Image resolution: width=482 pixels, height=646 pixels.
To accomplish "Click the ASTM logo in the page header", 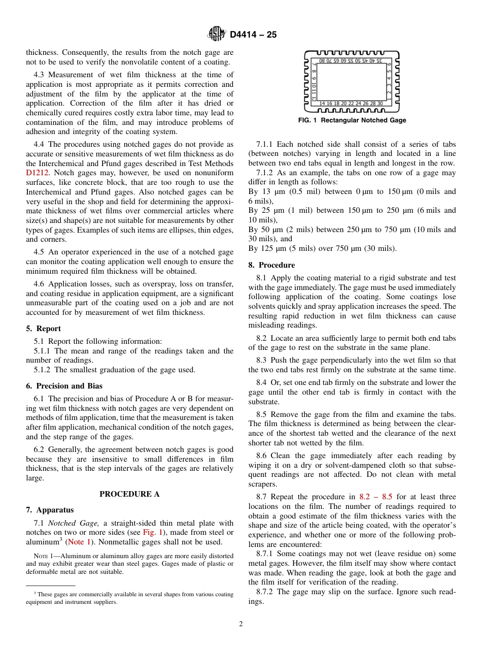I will coord(217,35).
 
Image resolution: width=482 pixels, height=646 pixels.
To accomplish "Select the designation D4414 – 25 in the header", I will coord(253,35).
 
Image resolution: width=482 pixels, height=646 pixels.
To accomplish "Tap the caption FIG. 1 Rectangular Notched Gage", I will coord(352,120).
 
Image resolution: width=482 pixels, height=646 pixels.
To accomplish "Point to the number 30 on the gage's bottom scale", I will coord(380,103).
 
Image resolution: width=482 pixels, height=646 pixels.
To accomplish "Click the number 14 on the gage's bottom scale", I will coord(322,103).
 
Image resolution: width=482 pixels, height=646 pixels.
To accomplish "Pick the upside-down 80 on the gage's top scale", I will coord(322,61).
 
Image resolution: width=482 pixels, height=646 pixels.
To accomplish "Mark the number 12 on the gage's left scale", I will coord(315,96).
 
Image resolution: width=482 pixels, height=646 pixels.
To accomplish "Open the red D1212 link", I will coord(38,173).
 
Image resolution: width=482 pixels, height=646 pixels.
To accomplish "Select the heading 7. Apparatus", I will coord(50,510).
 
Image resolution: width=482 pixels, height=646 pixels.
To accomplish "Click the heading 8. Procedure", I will coord(271,265).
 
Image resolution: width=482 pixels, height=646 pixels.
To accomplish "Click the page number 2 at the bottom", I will coord(241,624).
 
